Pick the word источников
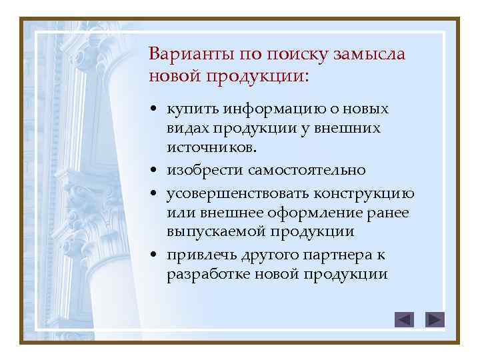click(x=209, y=145)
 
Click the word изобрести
click(x=204, y=171)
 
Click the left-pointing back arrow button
click(x=404, y=319)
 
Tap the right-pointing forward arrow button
click(x=435, y=319)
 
